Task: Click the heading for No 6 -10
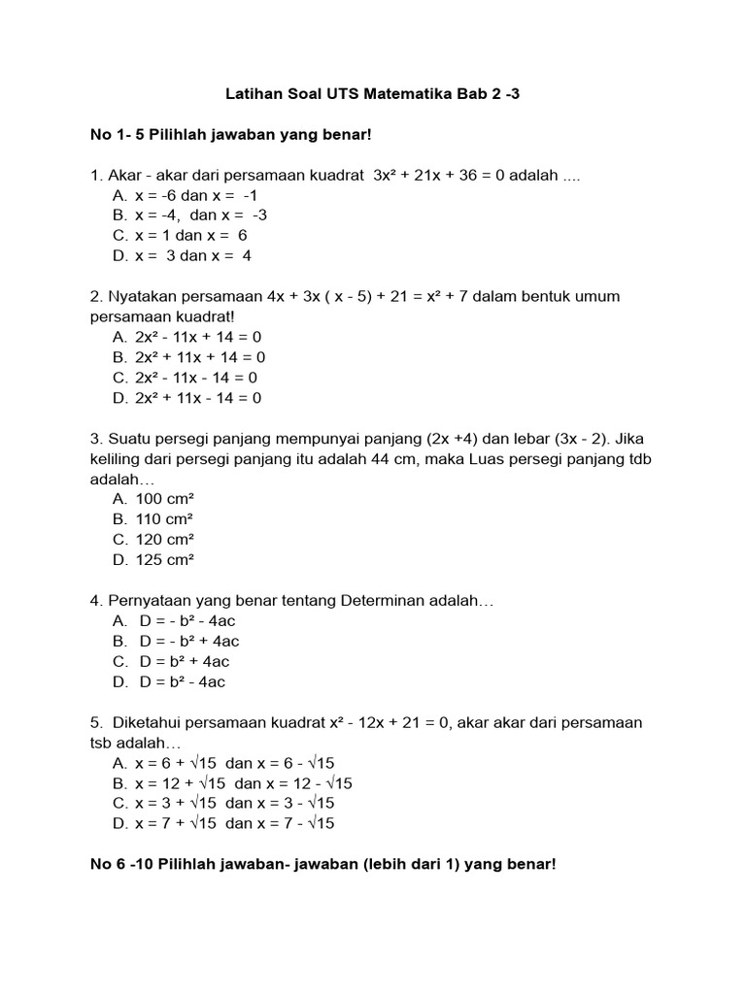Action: pyautogui.click(x=323, y=864)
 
